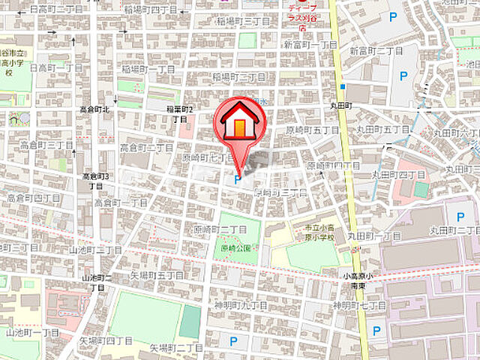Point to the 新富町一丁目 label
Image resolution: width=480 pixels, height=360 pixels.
point(310,45)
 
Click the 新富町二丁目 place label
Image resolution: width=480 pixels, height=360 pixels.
point(376,50)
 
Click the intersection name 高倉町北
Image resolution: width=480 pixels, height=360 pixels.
point(95,109)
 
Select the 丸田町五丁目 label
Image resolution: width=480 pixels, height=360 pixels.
point(383,130)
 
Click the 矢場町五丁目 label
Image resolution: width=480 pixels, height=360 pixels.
point(156,275)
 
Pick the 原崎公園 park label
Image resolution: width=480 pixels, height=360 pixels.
point(238,247)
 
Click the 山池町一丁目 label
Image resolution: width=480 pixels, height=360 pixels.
point(32,331)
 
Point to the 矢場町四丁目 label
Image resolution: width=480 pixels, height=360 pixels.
point(106,340)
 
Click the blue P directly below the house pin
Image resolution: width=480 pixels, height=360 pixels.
point(238,179)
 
